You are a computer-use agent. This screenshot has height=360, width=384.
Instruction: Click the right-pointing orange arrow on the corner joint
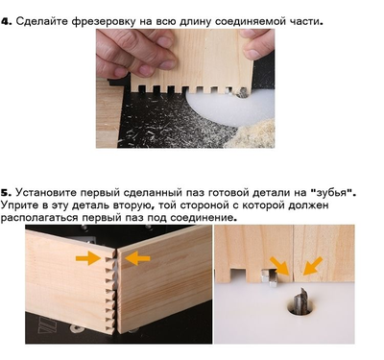tap(87, 257)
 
